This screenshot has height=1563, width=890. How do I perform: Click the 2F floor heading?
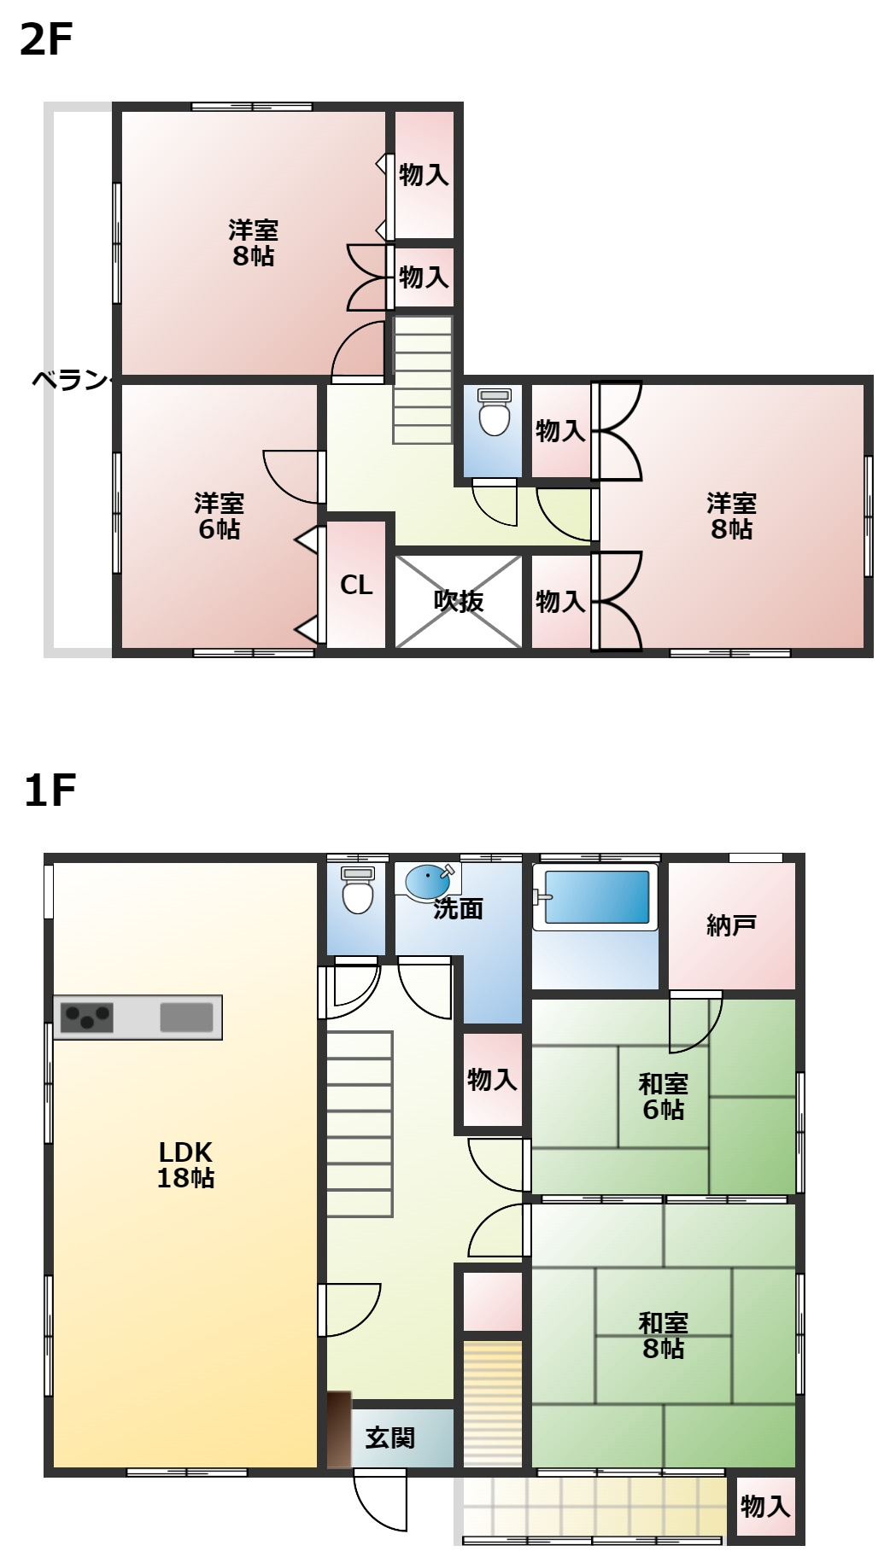(x=46, y=39)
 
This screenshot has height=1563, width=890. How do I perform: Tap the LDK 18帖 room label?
(x=185, y=1165)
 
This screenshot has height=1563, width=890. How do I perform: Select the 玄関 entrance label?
(x=390, y=1438)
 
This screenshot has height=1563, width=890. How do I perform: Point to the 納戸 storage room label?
(x=731, y=925)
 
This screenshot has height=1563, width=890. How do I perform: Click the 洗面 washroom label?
(x=459, y=909)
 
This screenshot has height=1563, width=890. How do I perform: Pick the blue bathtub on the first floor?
(x=596, y=896)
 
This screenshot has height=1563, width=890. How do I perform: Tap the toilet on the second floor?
(x=494, y=413)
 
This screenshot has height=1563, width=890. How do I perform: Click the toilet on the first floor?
(x=357, y=891)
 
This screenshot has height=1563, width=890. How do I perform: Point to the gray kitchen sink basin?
(x=186, y=1018)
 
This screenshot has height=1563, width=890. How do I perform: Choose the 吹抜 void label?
(x=459, y=602)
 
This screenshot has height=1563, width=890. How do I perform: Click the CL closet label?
(x=356, y=586)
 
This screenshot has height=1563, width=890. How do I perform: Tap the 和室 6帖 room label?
(x=663, y=1097)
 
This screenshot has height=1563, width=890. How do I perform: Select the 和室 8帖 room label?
(x=663, y=1336)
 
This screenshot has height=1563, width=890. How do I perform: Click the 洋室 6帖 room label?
(x=219, y=516)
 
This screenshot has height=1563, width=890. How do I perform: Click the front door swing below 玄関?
(x=380, y=1502)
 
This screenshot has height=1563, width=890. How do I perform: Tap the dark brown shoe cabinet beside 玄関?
(x=339, y=1430)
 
